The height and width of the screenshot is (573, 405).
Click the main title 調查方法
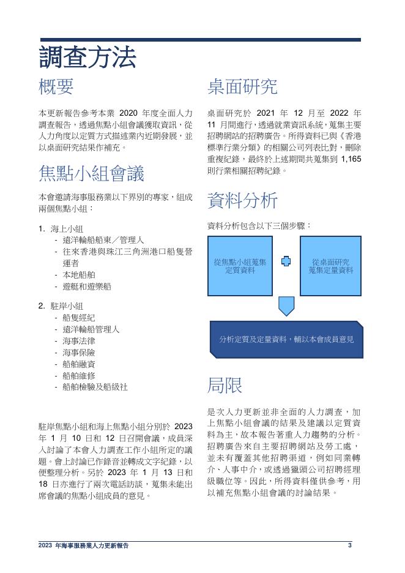[87, 57]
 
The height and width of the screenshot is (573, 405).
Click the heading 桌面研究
[242, 86]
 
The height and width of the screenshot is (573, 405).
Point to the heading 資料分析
[242, 200]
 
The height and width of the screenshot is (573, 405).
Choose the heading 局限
[225, 385]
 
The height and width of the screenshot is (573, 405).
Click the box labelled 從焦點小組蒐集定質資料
[240, 266]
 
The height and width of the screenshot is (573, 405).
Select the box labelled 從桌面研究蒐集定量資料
[330, 266]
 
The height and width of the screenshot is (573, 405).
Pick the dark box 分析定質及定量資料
[286, 339]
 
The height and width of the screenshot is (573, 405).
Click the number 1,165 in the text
[351, 159]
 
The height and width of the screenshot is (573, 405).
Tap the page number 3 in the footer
[350, 545]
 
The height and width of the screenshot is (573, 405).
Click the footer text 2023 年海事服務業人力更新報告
[83, 545]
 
